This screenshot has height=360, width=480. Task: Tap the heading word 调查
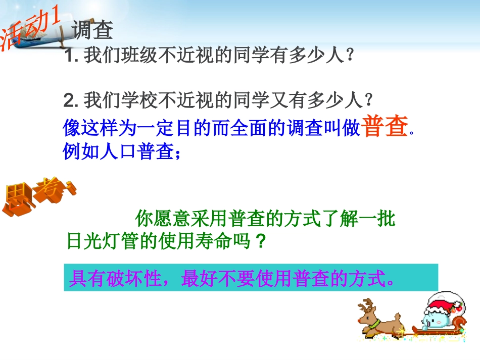tap(92, 30)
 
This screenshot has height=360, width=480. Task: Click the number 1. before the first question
tap(71, 55)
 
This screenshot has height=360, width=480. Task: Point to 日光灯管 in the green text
tap(98, 242)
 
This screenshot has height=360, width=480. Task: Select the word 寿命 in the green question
tap(220, 242)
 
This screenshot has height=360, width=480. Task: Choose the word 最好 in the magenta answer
tap(197, 278)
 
